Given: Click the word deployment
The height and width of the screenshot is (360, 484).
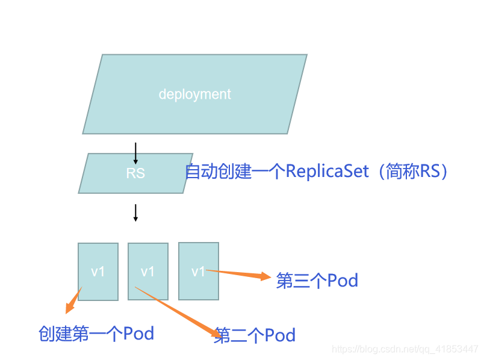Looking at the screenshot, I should (x=194, y=95).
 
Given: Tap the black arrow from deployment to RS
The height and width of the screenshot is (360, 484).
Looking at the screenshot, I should (x=135, y=154).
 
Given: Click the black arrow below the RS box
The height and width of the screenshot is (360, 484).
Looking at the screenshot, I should (x=135, y=213).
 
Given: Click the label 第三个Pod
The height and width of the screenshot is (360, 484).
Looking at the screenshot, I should (x=317, y=281).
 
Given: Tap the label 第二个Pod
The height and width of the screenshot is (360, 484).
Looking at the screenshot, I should (x=255, y=335).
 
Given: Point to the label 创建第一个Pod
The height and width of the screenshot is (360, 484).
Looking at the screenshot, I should (x=96, y=333).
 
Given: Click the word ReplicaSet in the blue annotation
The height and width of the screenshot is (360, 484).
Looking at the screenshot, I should (x=327, y=172).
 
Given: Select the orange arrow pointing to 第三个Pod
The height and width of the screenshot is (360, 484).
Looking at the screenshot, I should (x=238, y=274).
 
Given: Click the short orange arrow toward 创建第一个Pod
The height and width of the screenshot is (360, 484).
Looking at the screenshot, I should (x=73, y=301).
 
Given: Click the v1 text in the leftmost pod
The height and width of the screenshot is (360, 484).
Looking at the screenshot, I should (x=98, y=272).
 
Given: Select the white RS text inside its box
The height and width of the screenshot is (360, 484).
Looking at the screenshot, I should (x=135, y=173).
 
